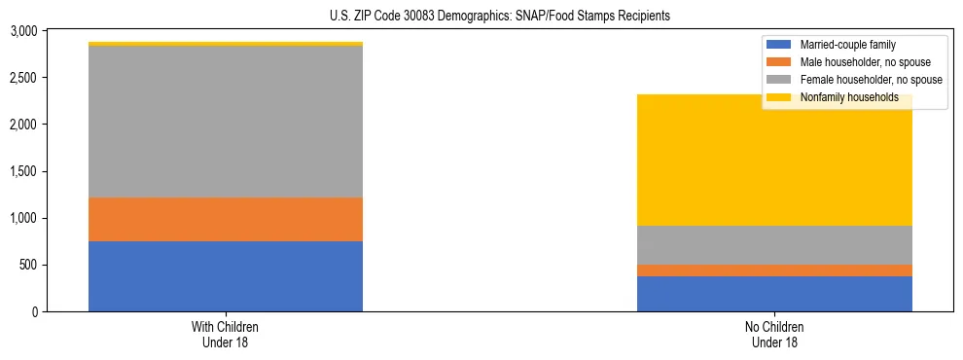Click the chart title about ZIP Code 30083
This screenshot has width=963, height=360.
pos(482,17)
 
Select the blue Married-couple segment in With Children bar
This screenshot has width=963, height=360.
pos(226,276)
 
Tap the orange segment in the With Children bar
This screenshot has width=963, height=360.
pos(226,219)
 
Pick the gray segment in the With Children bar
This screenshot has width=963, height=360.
pos(226,122)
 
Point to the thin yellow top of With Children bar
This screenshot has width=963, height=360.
pos(226,44)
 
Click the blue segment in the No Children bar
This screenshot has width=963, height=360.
pos(774,294)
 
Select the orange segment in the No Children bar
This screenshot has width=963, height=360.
pos(774,270)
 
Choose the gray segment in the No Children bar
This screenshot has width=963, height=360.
pos(774,245)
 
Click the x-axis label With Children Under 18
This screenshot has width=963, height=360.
pos(226,335)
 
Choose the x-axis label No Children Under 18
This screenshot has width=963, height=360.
pos(774,335)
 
